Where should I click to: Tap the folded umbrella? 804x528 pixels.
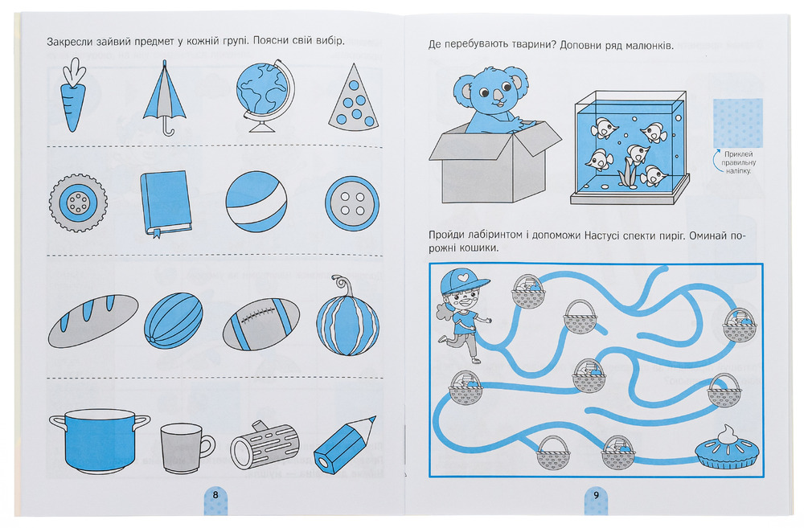point(164,98)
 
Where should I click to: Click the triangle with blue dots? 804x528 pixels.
point(355,98)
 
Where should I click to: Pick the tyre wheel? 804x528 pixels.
point(78,203)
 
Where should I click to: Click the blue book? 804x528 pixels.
point(165,203)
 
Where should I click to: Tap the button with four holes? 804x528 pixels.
point(352,203)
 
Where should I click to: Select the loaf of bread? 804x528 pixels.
point(93,321)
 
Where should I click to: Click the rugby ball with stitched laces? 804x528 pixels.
point(261,324)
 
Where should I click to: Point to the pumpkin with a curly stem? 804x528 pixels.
point(347,320)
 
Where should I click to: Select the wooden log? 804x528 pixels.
point(264,445)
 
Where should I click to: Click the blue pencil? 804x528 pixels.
point(344,444)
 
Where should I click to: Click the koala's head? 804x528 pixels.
point(485,92)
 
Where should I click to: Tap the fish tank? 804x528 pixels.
point(630,148)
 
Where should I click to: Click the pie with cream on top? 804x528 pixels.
point(727,448)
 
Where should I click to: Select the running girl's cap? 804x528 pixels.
point(464,282)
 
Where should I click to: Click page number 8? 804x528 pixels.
point(215,495)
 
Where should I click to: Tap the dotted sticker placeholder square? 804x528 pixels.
point(737,123)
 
